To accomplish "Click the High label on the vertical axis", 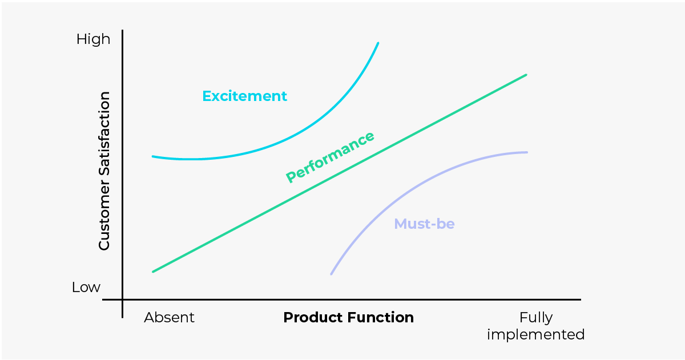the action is coord(93,39).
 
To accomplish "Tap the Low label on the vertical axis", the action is coord(86,288).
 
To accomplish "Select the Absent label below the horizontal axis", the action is coord(169,318).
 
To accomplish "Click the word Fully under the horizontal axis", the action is coord(536,318).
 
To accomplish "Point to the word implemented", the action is coord(536,335).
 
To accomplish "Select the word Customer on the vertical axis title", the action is coord(104,213).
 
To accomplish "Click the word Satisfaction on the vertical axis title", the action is coord(104,133).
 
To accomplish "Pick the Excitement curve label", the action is coord(245,96).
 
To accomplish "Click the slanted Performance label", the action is coord(330,157).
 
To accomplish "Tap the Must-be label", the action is coord(425,224).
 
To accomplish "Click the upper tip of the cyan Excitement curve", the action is coord(378,43).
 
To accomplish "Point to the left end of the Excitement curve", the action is coord(153,157).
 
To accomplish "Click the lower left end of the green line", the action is coord(153,272).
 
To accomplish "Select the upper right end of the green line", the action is coord(526,75).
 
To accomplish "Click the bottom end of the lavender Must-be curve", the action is coord(332,274).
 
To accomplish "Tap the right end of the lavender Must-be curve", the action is coord(527,152).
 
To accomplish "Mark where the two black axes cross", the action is coord(123,300).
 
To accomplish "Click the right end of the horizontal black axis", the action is coord(581,300).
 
